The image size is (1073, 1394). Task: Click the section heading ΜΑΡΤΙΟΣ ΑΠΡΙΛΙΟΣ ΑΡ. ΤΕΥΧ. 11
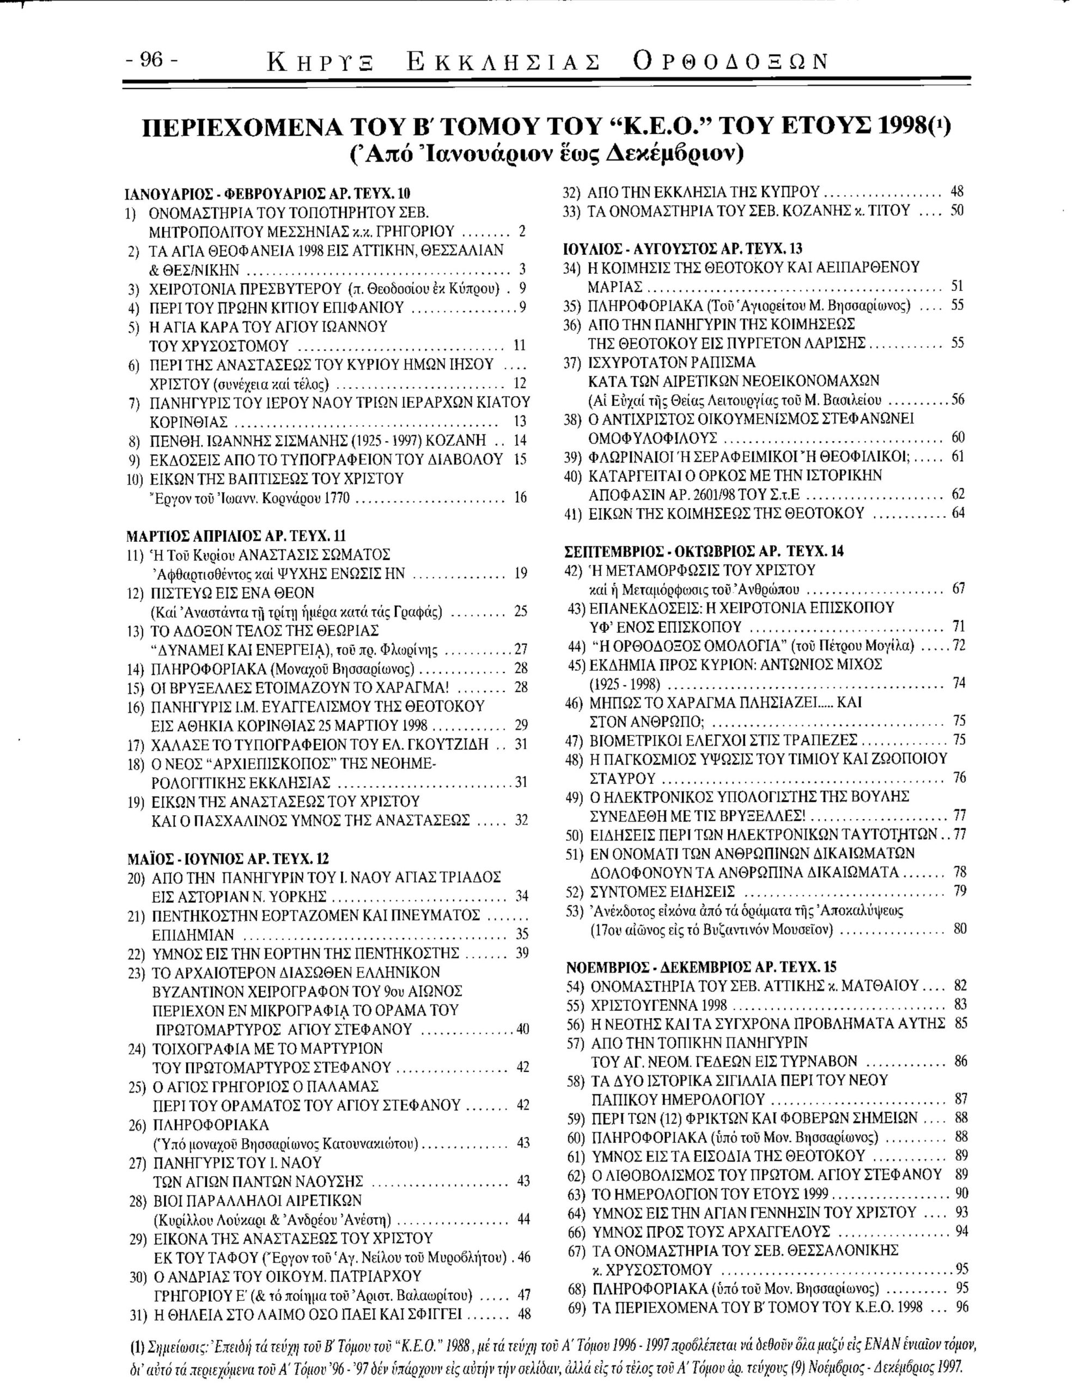pos(236,535)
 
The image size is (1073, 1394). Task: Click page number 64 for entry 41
pos(958,512)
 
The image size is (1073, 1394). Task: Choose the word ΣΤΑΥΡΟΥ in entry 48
pos(621,778)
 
